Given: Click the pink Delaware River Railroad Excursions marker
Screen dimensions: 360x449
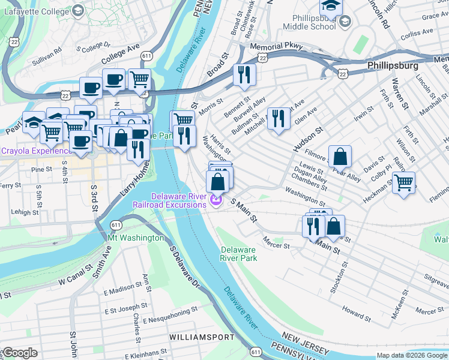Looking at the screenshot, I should pyautogui.click(x=216, y=200).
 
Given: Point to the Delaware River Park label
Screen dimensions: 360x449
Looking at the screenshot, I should pyautogui.click(x=238, y=253).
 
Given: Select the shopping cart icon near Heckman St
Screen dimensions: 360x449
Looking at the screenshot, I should pyautogui.click(x=403, y=182).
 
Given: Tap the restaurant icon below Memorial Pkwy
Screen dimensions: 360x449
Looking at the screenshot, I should pyautogui.click(x=244, y=74).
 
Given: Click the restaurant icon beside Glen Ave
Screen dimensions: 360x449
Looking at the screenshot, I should pyautogui.click(x=277, y=118).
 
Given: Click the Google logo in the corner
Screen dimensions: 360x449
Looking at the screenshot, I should pyautogui.click(x=20, y=353).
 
